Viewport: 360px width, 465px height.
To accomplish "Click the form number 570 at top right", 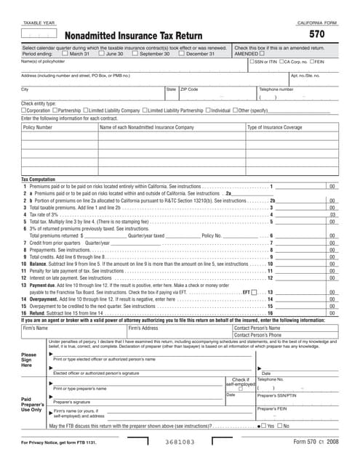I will pyautogui.click(x=316, y=34).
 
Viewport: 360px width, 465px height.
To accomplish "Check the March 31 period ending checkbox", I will pyautogui.click(x=65, y=54).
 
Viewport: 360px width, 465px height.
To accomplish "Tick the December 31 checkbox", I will pyautogui.click(x=181, y=54).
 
